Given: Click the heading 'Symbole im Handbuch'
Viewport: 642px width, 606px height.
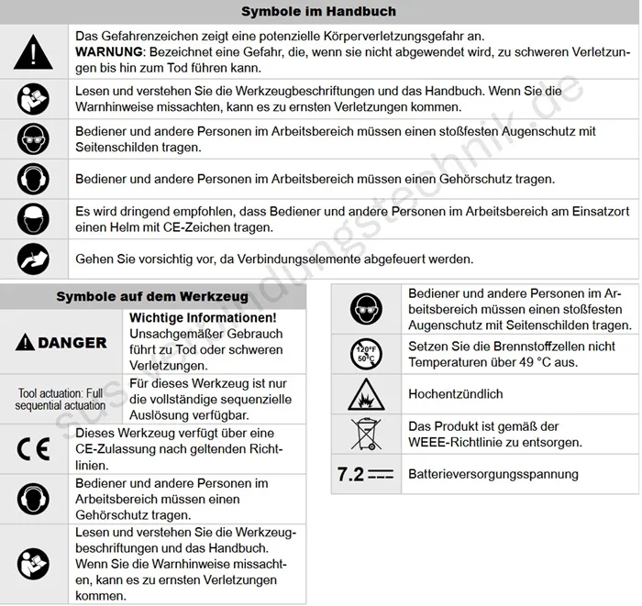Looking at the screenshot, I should pyautogui.click(x=318, y=12).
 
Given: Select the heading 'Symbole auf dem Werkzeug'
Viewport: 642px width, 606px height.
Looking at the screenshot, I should pyautogui.click(x=152, y=296).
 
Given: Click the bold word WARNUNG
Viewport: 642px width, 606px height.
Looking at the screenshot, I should pyautogui.click(x=109, y=52).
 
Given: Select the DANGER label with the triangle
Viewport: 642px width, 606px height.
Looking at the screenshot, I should pyautogui.click(x=61, y=343).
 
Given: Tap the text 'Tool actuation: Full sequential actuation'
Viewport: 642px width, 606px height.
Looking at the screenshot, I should pyautogui.click(x=61, y=399).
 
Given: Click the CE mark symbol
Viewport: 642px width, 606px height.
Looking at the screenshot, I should pyautogui.click(x=35, y=449).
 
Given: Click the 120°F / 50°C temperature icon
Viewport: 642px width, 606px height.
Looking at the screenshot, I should pyautogui.click(x=365, y=353).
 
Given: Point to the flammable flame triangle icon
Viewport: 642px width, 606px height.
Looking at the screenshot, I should pyautogui.click(x=365, y=394).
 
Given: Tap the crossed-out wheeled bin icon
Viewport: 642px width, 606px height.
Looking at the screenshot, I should pyautogui.click(x=365, y=435).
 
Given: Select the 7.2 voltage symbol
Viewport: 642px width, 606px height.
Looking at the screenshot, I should pyautogui.click(x=365, y=474).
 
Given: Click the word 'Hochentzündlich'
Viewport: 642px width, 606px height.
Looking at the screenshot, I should pyautogui.click(x=456, y=394).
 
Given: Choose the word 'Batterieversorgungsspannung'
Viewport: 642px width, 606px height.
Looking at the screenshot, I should pyautogui.click(x=493, y=474).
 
